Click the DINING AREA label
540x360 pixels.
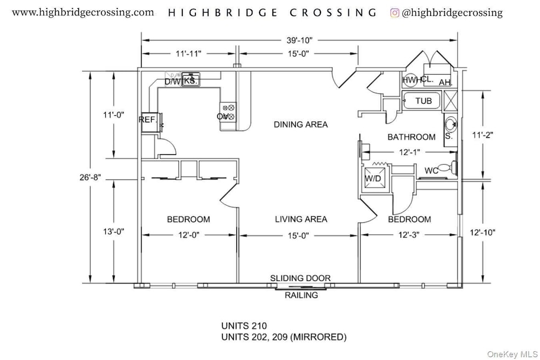[301, 125]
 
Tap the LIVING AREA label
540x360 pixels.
[301, 220]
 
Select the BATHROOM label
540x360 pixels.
[412, 137]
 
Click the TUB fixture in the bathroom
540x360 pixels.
[423, 101]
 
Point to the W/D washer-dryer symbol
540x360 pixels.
[374, 178]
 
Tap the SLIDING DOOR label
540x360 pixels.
[300, 278]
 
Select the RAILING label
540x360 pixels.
[301, 295]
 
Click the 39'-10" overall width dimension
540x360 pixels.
[300, 40]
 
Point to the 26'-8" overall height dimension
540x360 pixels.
[93, 176]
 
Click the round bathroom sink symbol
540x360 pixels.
[450, 123]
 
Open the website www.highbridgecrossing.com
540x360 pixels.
[83, 13]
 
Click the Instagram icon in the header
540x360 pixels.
[395, 13]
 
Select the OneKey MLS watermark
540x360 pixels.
[512, 355]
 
